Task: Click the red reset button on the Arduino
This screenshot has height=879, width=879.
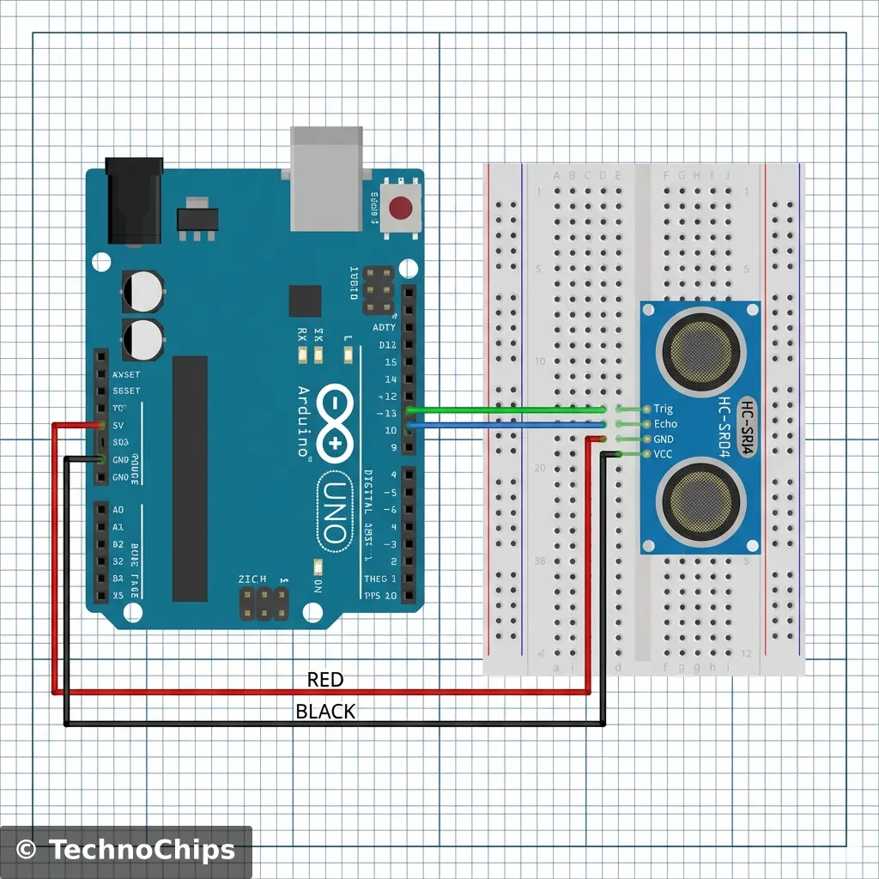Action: coord(400,208)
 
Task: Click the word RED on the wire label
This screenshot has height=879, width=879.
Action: coord(325,680)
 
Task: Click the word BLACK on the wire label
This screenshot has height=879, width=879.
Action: coord(325,712)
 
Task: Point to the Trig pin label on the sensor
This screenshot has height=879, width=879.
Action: coord(663,409)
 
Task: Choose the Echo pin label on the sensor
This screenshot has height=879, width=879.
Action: coord(665,424)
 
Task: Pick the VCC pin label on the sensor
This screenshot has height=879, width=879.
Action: coord(663,454)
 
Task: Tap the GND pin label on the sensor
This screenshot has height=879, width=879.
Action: coord(664,439)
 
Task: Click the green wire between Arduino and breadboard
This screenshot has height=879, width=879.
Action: coord(506,409)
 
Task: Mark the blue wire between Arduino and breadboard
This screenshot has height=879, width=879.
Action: coord(506,424)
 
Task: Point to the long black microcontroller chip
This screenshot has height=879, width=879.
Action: coord(190,478)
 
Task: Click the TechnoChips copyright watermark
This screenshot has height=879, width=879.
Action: coord(126,851)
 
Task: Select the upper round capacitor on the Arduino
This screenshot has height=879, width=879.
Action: coord(142,291)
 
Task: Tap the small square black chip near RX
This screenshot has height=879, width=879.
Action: coord(305,301)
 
